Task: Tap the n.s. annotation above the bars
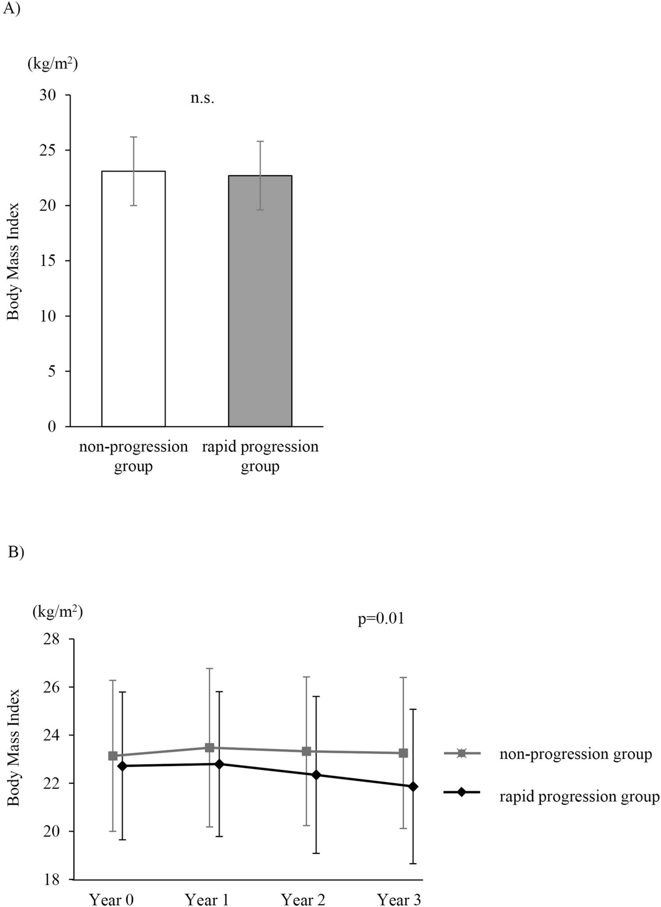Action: click(x=202, y=98)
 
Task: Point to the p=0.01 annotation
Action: click(x=381, y=619)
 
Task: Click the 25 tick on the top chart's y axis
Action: click(x=48, y=151)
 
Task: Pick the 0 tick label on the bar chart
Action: click(x=52, y=426)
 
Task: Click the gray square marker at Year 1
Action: click(x=209, y=748)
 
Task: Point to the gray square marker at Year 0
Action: click(x=113, y=756)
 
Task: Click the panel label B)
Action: click(x=16, y=553)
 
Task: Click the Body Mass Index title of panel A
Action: click(x=14, y=261)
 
